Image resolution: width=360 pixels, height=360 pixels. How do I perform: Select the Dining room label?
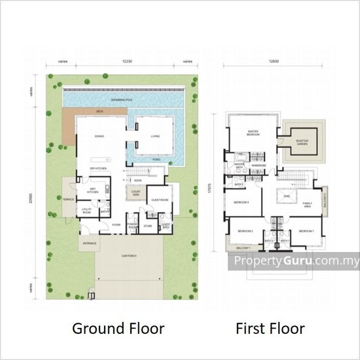click(99, 137)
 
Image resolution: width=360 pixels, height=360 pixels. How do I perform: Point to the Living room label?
click(155, 137)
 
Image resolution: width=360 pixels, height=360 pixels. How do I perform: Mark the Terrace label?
click(68, 198)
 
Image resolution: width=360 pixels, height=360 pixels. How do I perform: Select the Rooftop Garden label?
click(302, 139)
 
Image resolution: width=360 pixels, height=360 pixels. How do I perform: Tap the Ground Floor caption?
click(118, 328)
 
